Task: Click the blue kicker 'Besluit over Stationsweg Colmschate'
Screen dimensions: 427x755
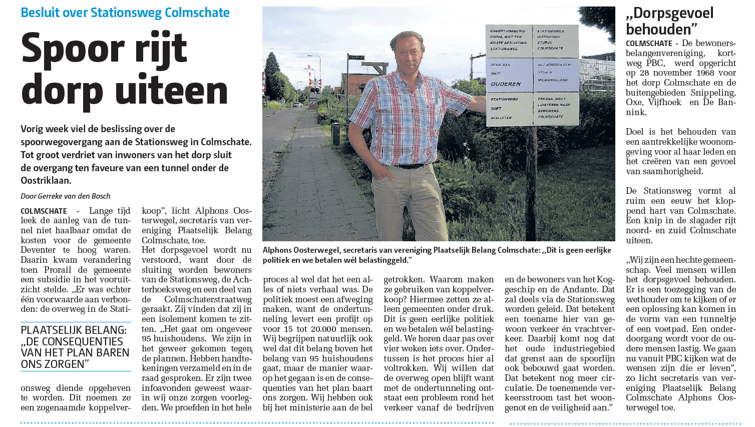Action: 125,13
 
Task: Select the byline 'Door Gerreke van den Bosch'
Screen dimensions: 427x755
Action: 66,196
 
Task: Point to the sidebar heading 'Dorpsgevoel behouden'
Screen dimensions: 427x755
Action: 669,21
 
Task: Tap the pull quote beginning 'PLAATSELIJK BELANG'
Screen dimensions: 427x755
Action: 76,347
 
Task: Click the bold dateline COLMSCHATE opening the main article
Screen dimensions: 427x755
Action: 44,211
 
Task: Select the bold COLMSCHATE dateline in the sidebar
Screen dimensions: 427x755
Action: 649,44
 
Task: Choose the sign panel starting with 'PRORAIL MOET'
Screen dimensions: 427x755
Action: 555,107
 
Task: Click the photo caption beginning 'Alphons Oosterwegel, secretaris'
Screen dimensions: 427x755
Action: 436,255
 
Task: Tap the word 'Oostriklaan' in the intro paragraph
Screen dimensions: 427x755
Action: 45,181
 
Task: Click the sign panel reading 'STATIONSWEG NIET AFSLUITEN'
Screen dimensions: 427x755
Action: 506,108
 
